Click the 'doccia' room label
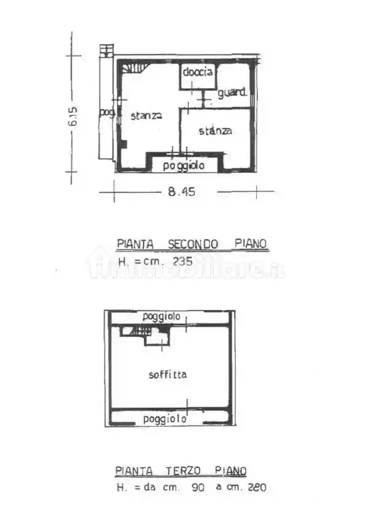[x=198, y=72]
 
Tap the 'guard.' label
[x=232, y=92]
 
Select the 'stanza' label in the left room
[x=146, y=116]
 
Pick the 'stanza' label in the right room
[x=216, y=131]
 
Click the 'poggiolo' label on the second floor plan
[x=184, y=166]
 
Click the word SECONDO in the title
[x=193, y=244]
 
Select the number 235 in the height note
[x=182, y=261]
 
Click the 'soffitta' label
[x=168, y=374]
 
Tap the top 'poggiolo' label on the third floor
[x=161, y=316]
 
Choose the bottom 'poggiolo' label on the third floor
[x=165, y=419]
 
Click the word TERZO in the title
[x=184, y=471]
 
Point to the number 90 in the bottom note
[x=198, y=488]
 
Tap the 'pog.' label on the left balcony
[x=106, y=113]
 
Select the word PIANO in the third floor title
[x=231, y=471]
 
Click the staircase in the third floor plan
[x=136, y=331]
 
